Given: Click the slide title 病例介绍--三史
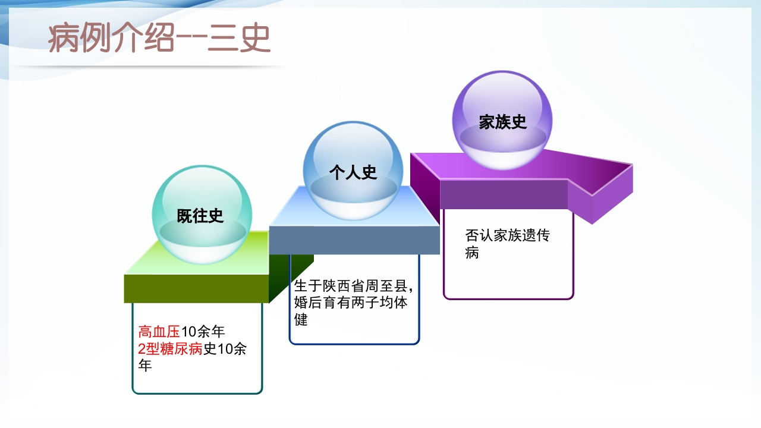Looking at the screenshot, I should [159, 39].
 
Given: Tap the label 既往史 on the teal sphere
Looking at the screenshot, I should [200, 216].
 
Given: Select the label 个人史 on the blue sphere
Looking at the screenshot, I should [353, 172].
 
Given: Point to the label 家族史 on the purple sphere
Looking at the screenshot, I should [503, 122].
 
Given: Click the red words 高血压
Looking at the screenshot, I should [159, 332].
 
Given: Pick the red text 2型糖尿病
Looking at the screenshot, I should [171, 349].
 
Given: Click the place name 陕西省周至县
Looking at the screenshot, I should [369, 285].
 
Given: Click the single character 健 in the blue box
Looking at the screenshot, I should [301, 320].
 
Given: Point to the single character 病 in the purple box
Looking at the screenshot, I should [472, 253].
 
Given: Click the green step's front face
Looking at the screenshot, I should [196, 288].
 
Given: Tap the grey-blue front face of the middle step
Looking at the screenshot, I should [354, 240].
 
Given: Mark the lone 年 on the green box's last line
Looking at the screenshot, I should [145, 366].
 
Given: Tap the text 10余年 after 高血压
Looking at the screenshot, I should [203, 332].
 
